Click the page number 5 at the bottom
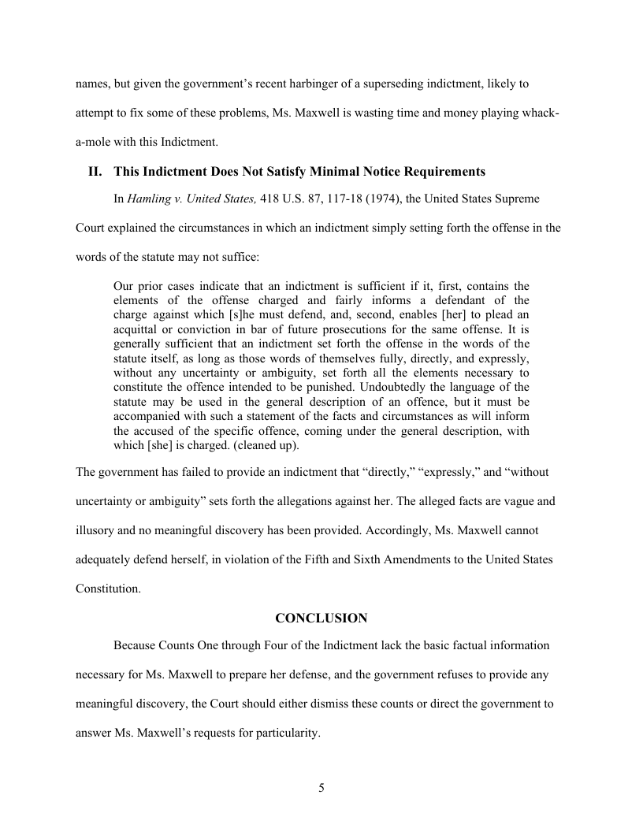tap(321, 789)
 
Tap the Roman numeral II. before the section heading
tap(95, 171)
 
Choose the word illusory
tap(96, 530)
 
